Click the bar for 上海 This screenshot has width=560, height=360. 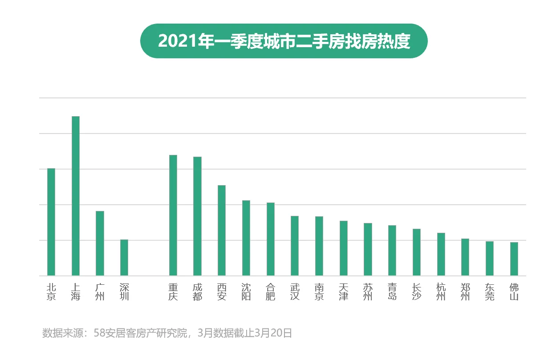(76, 196)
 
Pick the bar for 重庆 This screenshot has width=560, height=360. (173, 215)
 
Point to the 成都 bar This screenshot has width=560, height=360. (197, 216)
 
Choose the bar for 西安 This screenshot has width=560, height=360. (222, 230)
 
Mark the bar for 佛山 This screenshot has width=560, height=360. (514, 259)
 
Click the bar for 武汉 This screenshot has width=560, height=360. (295, 246)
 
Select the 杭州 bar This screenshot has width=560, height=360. (441, 254)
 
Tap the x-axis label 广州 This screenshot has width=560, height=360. (100, 292)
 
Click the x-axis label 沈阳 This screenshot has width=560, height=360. (246, 292)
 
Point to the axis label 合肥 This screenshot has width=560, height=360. (270, 292)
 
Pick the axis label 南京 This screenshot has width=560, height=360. (319, 292)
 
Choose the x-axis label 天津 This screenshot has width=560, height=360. (343, 292)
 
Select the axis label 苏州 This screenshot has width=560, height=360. (368, 292)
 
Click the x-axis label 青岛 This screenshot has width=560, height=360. (392, 292)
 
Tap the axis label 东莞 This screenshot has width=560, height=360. (490, 292)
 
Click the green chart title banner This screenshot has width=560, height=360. (284, 41)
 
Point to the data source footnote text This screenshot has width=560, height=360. (167, 333)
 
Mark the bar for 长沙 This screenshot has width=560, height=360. (417, 252)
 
